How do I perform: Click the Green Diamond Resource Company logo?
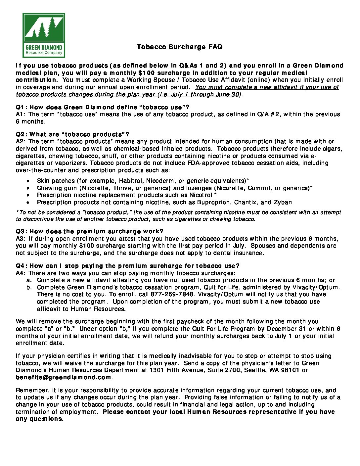(44, 35)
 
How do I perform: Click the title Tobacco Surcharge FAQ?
(180, 47)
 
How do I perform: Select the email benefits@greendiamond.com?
(64, 378)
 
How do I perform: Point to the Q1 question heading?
(103, 107)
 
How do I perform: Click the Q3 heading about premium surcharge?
(90, 231)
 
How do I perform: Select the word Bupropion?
(214, 202)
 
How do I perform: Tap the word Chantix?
(245, 202)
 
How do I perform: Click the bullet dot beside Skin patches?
(28, 181)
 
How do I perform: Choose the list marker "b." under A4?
(29, 287)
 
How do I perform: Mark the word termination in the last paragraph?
(36, 412)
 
